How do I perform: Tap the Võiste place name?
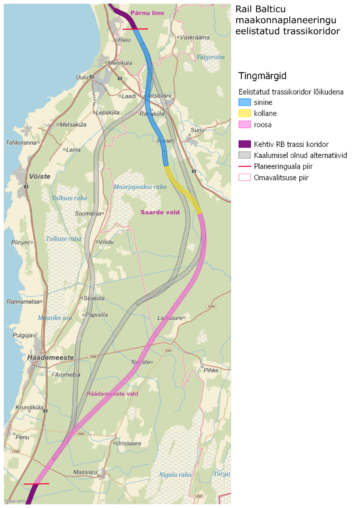click(40, 176)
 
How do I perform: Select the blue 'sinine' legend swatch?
click(245, 102)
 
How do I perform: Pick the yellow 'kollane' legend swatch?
click(245, 114)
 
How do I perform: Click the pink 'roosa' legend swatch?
click(245, 125)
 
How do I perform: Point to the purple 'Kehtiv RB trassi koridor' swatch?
click(245, 144)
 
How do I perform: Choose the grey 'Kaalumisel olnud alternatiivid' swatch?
click(245, 155)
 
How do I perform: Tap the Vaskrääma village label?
click(195, 38)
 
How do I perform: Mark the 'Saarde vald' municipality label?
click(160, 212)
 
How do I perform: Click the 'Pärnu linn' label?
click(147, 13)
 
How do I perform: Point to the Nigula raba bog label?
click(175, 475)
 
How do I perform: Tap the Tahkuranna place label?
click(20, 143)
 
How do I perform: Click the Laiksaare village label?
click(170, 318)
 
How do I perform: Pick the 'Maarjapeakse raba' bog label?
click(140, 187)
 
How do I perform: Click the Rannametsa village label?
click(23, 302)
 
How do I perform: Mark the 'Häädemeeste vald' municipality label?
click(112, 394)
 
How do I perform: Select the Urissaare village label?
click(129, 443)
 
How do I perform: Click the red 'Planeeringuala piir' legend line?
click(245, 167)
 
